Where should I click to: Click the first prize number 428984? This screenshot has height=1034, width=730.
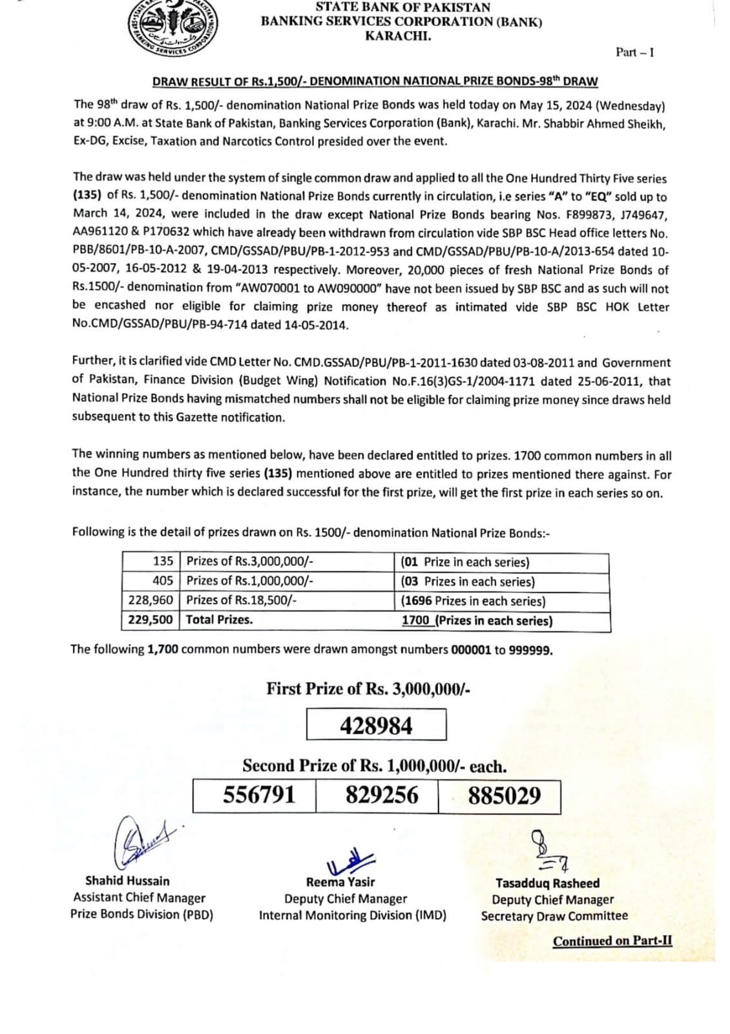pyautogui.click(x=376, y=726)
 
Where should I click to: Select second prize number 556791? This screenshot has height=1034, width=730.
pyautogui.click(x=259, y=794)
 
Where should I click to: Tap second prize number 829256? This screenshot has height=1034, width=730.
pyautogui.click(x=382, y=795)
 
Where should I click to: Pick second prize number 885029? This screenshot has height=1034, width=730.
pyautogui.click(x=505, y=796)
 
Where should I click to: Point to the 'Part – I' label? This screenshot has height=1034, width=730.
pyautogui.click(x=634, y=52)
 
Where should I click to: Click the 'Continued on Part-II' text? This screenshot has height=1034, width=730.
pyautogui.click(x=612, y=941)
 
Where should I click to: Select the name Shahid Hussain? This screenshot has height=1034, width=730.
pyautogui.click(x=127, y=881)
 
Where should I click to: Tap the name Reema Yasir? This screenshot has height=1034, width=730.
pyautogui.click(x=340, y=882)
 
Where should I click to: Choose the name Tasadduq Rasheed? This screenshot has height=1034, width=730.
pyautogui.click(x=547, y=883)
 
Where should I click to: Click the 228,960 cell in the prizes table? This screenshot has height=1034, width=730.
pyautogui.click(x=151, y=600)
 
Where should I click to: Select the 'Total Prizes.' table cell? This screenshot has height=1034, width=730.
pyautogui.click(x=220, y=620)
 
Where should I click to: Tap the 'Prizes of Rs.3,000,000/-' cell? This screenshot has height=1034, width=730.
pyautogui.click(x=250, y=562)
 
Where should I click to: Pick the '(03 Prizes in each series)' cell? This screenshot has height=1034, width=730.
pyautogui.click(x=468, y=582)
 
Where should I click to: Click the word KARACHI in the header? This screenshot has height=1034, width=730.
pyautogui.click(x=398, y=36)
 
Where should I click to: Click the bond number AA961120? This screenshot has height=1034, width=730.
pyautogui.click(x=101, y=233)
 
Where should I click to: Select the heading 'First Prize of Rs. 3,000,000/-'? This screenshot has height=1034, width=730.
pyautogui.click(x=368, y=689)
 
